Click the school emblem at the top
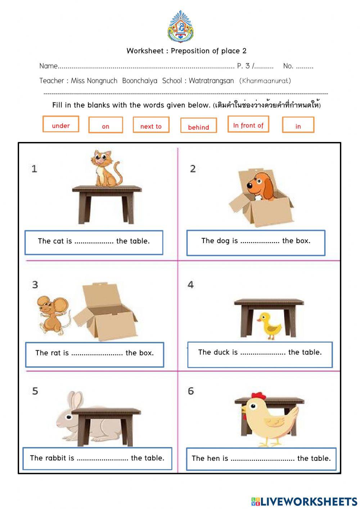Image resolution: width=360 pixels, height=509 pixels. (x=181, y=27)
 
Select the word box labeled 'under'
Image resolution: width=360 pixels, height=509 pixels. (x=61, y=124)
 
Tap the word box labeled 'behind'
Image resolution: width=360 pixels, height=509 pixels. (x=198, y=126)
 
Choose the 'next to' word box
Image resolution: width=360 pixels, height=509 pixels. (x=151, y=125)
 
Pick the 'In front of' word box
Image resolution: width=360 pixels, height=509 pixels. (x=248, y=124)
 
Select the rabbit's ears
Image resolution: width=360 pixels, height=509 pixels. (x=75, y=401)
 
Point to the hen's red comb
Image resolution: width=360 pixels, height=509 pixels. (x=258, y=396)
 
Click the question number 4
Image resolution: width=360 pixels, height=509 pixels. (x=191, y=285)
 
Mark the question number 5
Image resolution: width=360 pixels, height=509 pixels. (x=35, y=391)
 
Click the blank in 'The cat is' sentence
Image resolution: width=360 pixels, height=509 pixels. (x=94, y=242)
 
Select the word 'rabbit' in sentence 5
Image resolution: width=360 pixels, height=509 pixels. (x=60, y=458)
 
